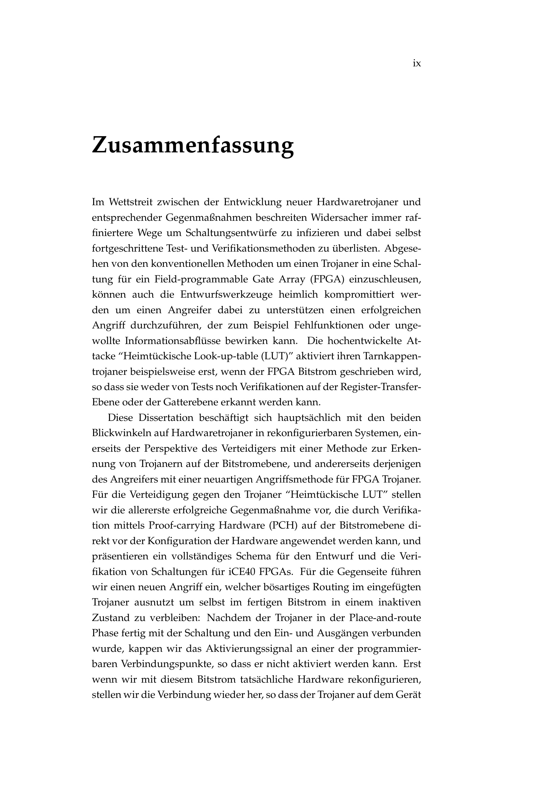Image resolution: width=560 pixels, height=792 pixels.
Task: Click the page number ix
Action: pyautogui.click(x=416, y=64)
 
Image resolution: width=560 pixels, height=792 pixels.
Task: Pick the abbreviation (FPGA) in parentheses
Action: pyautogui.click(x=327, y=279)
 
